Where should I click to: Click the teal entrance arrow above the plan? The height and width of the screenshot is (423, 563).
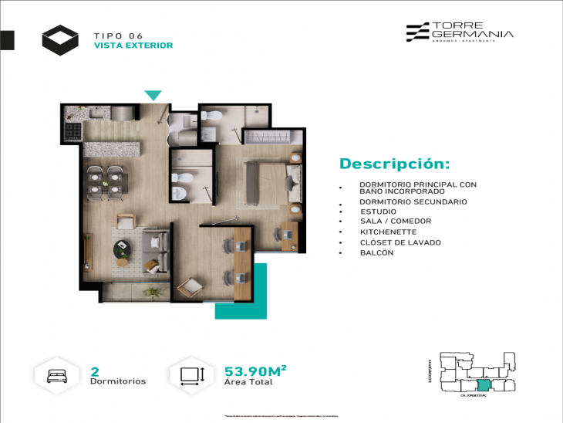coord(153,96)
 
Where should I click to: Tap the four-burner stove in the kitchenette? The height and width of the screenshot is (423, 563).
coord(72,131)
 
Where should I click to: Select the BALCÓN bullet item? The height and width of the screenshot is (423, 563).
coord(376,252)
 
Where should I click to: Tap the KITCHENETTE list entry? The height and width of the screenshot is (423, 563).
coord(388,232)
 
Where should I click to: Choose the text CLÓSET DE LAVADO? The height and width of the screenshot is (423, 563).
coord(400,242)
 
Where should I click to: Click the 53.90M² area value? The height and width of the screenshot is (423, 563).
coord(255,371)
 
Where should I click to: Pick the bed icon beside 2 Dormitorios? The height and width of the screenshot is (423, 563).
coord(58,375)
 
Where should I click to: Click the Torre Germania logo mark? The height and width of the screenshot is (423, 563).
coord(418,31)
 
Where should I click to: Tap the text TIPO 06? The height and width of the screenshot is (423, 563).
coord(118,36)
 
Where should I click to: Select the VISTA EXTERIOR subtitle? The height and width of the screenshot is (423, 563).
coord(133,46)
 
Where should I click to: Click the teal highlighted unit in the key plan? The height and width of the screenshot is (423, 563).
coord(483,385)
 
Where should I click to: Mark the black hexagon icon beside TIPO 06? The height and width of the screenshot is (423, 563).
coord(60,39)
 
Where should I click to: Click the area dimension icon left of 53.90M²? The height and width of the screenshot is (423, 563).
coord(192,375)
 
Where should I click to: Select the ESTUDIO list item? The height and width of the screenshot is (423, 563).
coord(378,211)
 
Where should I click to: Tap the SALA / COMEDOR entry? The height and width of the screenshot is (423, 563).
coord(395,221)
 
